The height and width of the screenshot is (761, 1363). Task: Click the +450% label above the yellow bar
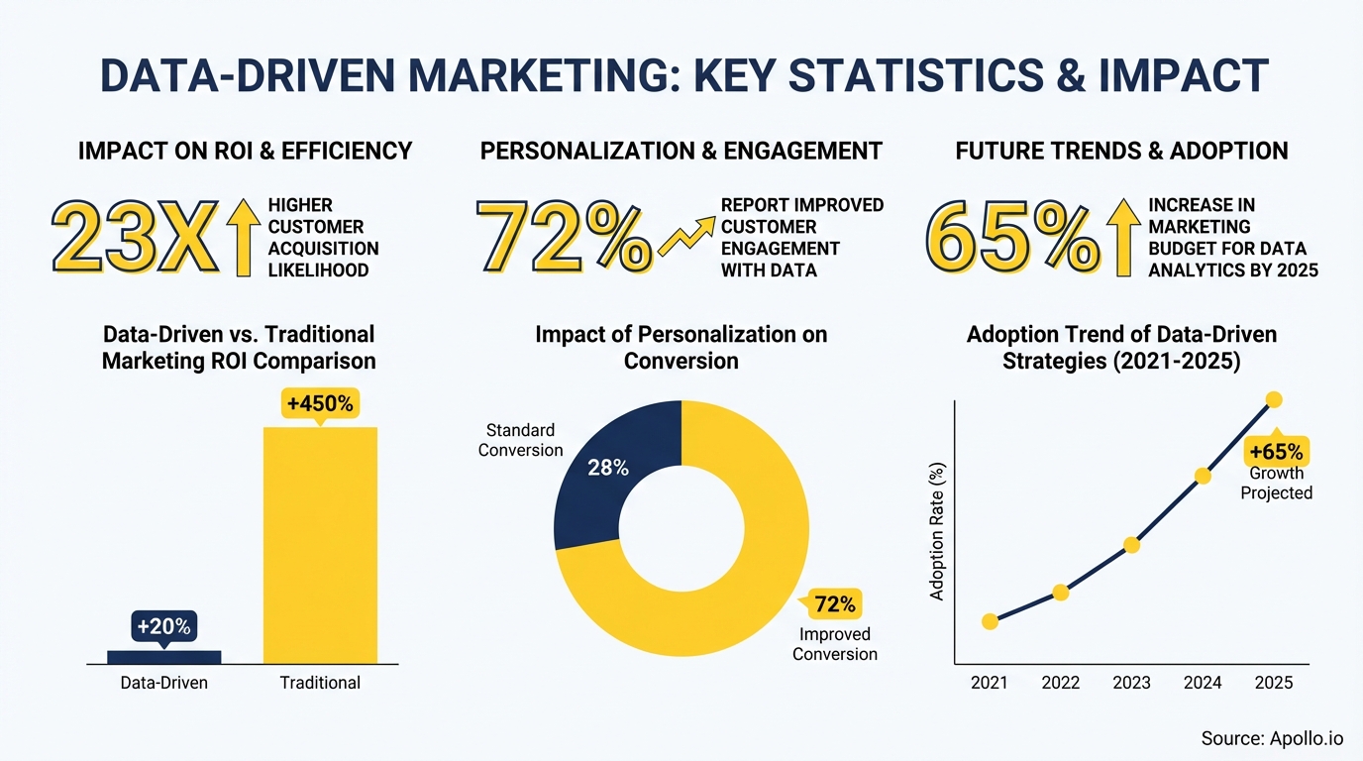(x=320, y=404)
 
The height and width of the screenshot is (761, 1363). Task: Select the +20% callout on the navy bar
(x=163, y=626)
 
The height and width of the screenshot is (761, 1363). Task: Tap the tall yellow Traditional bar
(x=320, y=545)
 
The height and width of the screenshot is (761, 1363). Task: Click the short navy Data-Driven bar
(x=163, y=656)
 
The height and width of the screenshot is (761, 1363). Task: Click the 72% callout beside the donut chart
(x=834, y=603)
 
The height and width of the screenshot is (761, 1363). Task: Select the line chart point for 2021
(x=990, y=621)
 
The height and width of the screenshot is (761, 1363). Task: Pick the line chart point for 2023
(x=1131, y=544)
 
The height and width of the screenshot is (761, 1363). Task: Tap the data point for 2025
(x=1274, y=399)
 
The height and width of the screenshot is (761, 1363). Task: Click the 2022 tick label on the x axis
(x=1060, y=683)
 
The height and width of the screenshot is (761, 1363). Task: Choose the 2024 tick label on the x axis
(x=1203, y=683)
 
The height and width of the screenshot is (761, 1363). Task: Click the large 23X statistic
(x=134, y=239)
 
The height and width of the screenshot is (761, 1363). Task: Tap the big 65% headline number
(x=1011, y=239)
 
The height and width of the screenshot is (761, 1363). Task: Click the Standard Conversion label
(x=520, y=440)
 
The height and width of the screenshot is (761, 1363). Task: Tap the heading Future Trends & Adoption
(x=1121, y=151)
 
